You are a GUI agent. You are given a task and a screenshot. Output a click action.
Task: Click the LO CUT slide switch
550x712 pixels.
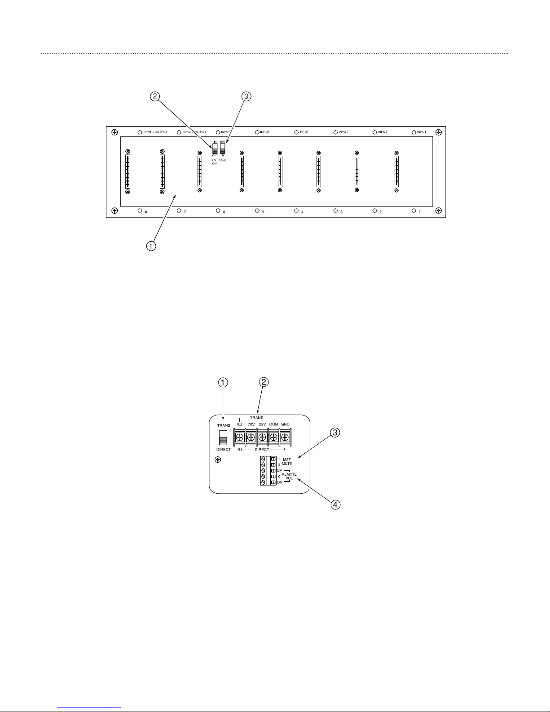[x=215, y=149]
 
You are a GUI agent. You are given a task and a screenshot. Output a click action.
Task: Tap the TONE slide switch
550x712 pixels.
[x=222, y=149]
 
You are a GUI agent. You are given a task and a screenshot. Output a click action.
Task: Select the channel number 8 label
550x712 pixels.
[x=146, y=212]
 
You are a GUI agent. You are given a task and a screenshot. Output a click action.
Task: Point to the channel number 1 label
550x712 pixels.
[x=420, y=212]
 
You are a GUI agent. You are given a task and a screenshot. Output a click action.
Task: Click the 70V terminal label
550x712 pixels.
[x=251, y=424]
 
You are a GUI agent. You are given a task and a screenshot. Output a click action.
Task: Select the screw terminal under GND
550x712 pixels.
[x=284, y=437]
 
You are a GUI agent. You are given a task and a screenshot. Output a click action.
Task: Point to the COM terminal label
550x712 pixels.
[x=274, y=424]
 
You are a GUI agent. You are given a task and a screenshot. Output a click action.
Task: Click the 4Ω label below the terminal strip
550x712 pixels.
[x=240, y=450]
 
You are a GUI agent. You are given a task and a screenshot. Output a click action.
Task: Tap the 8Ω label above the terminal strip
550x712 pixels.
[x=240, y=424]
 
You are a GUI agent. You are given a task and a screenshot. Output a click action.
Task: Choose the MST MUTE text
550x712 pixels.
[x=287, y=461]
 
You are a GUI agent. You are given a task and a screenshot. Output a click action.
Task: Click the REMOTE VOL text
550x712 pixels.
[x=289, y=476]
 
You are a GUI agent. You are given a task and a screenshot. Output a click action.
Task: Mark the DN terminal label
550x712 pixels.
[x=279, y=482]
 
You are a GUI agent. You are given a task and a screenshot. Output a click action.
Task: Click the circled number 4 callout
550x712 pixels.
[x=335, y=504]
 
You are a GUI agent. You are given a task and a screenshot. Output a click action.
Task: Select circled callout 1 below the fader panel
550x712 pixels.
[x=152, y=246]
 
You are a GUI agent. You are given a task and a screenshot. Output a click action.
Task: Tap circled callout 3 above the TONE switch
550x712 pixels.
[x=246, y=96]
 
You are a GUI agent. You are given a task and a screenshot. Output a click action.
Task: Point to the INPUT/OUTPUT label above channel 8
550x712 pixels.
[x=155, y=132]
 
